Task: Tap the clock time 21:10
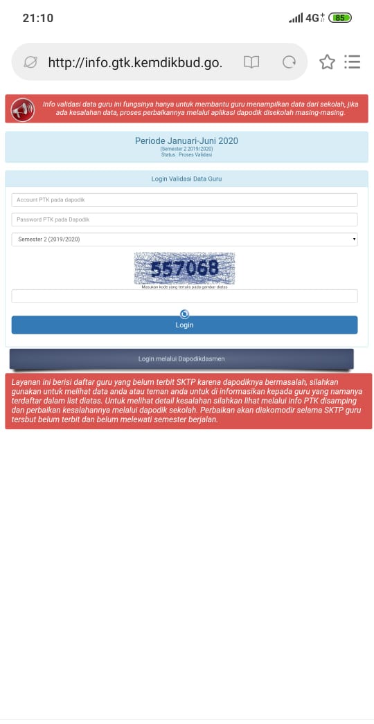coord(37,18)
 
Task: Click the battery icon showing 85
coord(340,18)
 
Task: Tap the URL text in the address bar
coord(135,62)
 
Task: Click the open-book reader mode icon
coord(251,62)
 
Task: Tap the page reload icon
coord(289,62)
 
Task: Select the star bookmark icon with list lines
coord(339,62)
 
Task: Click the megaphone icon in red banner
coord(23,109)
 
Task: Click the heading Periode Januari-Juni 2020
coord(186,141)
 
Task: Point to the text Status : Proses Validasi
coord(186,155)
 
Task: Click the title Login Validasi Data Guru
coord(186,179)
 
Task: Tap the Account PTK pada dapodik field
coord(184,200)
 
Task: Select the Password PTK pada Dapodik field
coord(184,219)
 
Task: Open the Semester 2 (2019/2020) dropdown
coord(184,239)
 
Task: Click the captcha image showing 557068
coord(184,269)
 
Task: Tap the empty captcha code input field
coord(184,296)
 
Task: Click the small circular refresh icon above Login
coord(184,314)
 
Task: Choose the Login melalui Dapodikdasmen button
coord(181,359)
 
